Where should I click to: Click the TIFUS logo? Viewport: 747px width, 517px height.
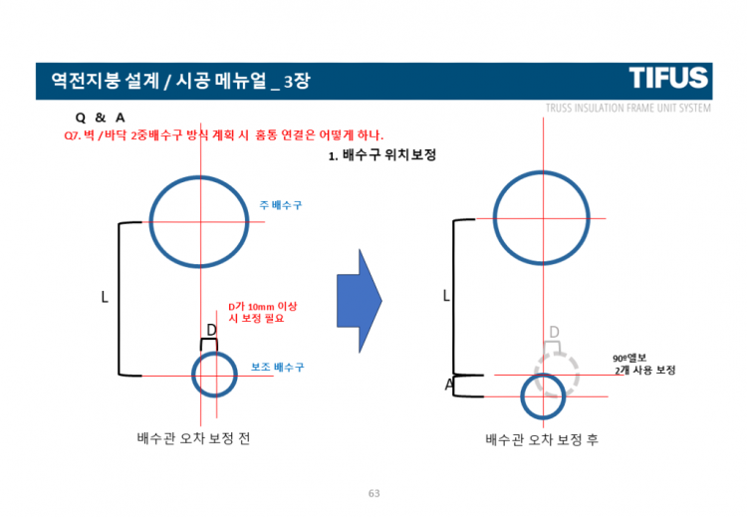pos(668,78)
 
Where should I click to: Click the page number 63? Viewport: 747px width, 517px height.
pos(374,493)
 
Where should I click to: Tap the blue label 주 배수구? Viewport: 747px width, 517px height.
pos(281,204)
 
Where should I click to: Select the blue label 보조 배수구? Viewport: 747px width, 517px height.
pos(277,367)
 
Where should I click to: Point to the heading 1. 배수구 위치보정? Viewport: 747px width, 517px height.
pos(382,156)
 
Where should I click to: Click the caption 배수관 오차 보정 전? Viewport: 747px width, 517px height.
pos(193,438)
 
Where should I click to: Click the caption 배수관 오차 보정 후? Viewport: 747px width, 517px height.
pos(542,439)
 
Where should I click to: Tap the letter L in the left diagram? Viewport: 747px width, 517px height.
pos(104,297)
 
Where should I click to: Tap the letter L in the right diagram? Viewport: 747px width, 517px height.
pos(446,296)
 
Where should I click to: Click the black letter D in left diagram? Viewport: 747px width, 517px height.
pos(210,330)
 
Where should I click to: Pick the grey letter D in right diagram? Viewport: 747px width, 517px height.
pos(554,332)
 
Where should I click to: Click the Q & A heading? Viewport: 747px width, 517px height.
pos(100,118)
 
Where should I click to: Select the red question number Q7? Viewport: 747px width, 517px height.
pos(71,135)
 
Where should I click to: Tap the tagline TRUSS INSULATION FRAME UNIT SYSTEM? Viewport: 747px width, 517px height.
pos(627,108)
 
